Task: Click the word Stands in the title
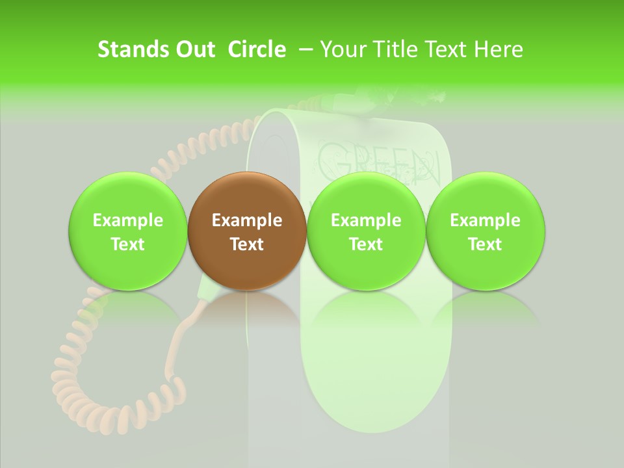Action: pos(129,49)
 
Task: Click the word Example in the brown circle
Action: pos(247,220)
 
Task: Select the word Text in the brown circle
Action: pos(247,244)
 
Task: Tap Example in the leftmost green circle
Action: pos(128,220)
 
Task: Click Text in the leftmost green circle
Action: pos(128,244)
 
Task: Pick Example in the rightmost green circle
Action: pos(486,220)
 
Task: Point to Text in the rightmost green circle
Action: pos(486,244)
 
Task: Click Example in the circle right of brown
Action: pos(366,220)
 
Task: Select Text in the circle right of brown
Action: pos(366,244)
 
